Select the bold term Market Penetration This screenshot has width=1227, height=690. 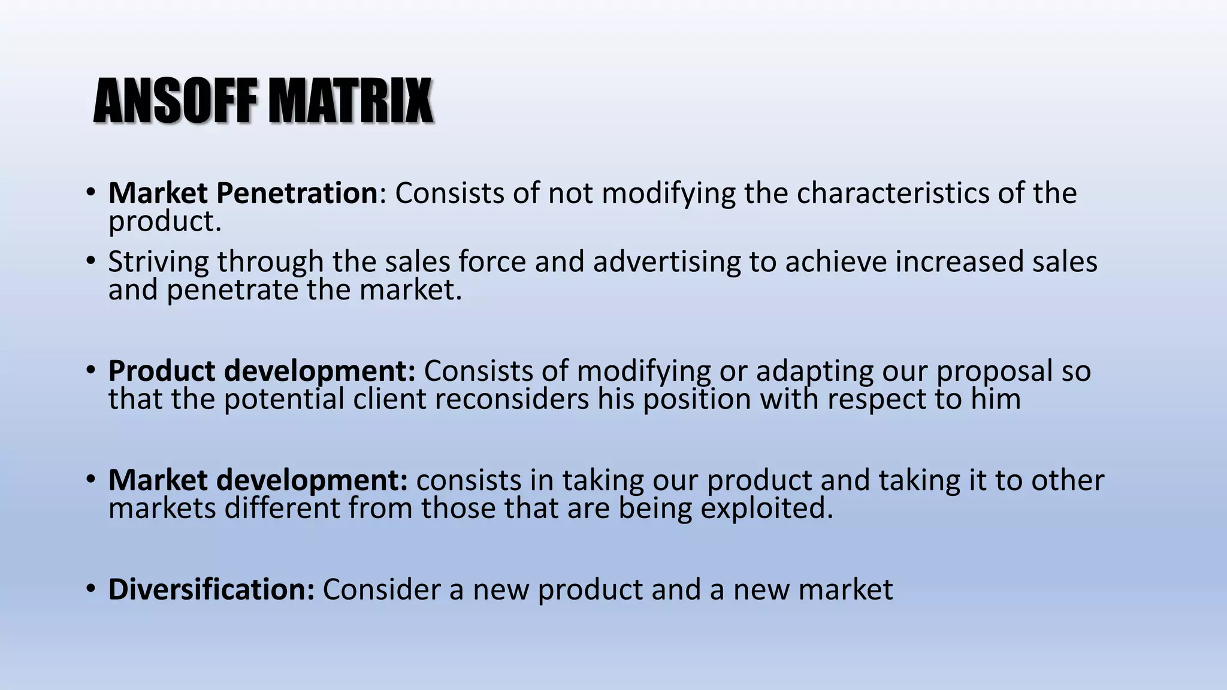point(243,193)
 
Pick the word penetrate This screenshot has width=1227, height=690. point(232,290)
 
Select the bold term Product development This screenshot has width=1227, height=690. point(261,371)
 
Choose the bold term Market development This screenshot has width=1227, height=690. point(258,480)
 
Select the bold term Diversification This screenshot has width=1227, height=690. point(211,589)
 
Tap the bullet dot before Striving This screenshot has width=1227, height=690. point(90,261)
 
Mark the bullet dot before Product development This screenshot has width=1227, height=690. point(90,370)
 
